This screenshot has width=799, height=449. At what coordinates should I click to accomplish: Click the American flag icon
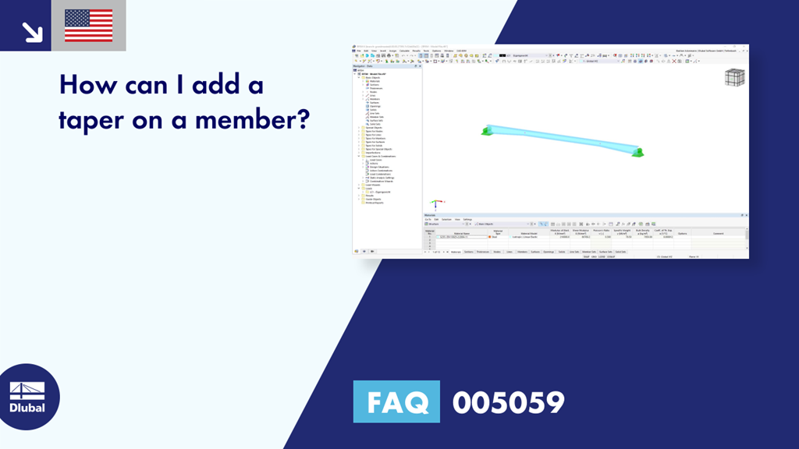tap(88, 26)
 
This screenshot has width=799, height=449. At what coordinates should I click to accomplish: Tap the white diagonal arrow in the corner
tap(31, 31)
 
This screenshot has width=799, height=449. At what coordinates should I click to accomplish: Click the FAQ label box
tap(396, 402)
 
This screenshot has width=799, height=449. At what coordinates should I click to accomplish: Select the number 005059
tap(508, 402)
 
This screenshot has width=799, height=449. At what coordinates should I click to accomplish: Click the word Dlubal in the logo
tap(27, 408)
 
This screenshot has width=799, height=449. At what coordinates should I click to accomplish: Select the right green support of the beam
tap(638, 152)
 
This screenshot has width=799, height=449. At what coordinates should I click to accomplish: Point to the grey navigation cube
tap(734, 77)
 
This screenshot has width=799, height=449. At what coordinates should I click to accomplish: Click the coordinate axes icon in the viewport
tap(436, 204)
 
